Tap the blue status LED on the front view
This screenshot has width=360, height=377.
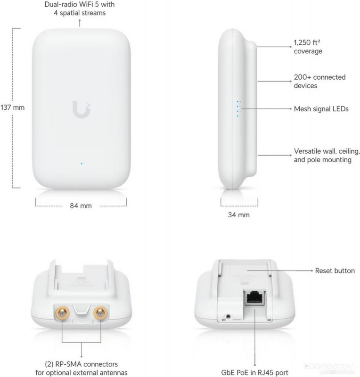(82, 164)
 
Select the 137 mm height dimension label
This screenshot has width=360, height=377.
(13, 107)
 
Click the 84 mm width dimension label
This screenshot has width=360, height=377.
(81, 206)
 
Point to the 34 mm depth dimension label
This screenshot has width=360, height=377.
(239, 215)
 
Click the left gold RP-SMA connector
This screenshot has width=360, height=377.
(63, 313)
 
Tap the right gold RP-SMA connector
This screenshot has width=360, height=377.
(101, 313)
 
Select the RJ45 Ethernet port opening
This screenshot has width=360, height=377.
(255, 298)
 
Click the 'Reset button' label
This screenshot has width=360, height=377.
(335, 270)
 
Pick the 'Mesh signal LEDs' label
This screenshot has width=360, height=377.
(321, 109)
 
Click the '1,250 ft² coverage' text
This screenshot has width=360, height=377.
(308, 47)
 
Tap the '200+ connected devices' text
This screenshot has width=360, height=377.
(319, 81)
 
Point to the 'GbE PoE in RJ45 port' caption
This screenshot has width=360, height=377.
(254, 372)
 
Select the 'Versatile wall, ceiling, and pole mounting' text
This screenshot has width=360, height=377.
(327, 156)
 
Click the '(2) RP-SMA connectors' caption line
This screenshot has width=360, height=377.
(81, 364)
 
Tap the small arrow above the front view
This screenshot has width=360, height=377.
(80, 23)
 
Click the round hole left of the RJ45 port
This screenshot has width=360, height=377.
(228, 316)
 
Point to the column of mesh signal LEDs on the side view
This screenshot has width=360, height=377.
(238, 109)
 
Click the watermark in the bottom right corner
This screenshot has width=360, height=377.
(329, 367)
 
